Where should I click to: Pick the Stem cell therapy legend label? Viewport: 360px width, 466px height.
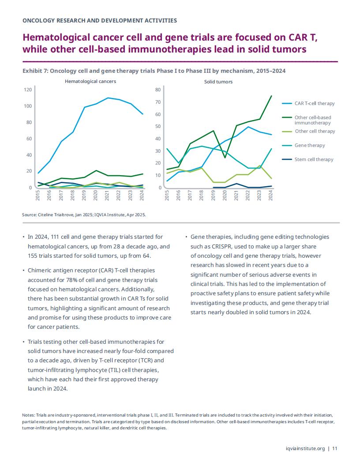[x=314, y=160]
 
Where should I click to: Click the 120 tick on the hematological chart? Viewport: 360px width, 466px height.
[x=28, y=90]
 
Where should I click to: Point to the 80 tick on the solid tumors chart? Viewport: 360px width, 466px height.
[x=158, y=90]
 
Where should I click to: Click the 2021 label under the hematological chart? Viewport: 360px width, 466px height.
[x=107, y=195]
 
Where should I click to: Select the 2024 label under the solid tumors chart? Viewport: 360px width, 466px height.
[x=270, y=195]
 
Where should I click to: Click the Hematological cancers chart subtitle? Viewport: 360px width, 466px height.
[x=90, y=82]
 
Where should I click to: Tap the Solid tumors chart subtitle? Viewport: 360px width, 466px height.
[x=218, y=82]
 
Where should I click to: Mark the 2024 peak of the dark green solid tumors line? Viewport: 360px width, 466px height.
[x=271, y=96]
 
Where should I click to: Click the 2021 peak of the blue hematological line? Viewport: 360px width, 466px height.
[x=108, y=98]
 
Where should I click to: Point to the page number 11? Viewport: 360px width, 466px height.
[x=335, y=448]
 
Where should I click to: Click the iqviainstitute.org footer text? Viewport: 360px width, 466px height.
[x=305, y=448]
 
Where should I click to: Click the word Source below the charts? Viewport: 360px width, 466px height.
[x=29, y=214]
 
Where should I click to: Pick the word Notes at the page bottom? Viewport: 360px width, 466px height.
[x=28, y=415]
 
